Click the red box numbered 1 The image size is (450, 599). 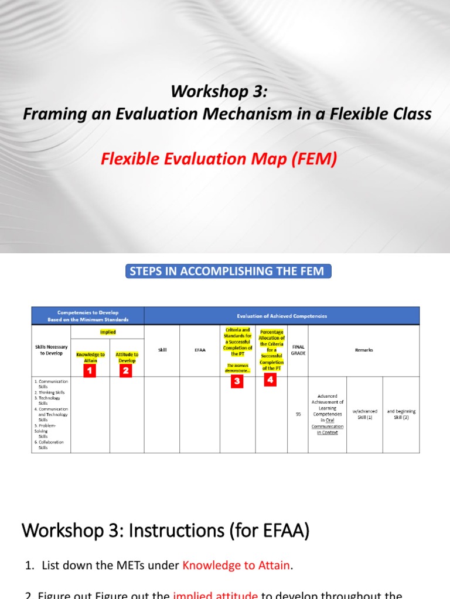pos(90,370)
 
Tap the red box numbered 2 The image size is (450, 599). pos(126,370)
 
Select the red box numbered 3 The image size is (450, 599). pos(237,381)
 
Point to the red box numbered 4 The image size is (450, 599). pos(271,380)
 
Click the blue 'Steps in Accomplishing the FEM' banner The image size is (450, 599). pos(226,271)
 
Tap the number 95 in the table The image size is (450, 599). pos(298,415)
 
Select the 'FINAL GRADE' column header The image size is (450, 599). pos(298,350)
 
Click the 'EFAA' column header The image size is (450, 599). pos(200,350)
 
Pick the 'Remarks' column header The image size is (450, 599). pos(364,350)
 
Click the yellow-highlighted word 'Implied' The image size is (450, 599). pos(108,332)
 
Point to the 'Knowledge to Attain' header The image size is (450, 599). pos(90,357)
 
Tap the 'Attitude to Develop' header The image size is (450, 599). pos(127,357)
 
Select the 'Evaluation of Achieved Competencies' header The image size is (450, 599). pos(281,316)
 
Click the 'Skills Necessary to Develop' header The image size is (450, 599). pos(51,350)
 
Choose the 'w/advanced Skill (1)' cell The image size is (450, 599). pos(364,414)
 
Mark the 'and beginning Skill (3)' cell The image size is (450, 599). pos(401,414)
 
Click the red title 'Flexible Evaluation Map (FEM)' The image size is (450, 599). pos(219,159)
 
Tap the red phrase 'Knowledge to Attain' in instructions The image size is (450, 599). pos(236,565)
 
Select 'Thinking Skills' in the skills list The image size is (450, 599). pos(53,393)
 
